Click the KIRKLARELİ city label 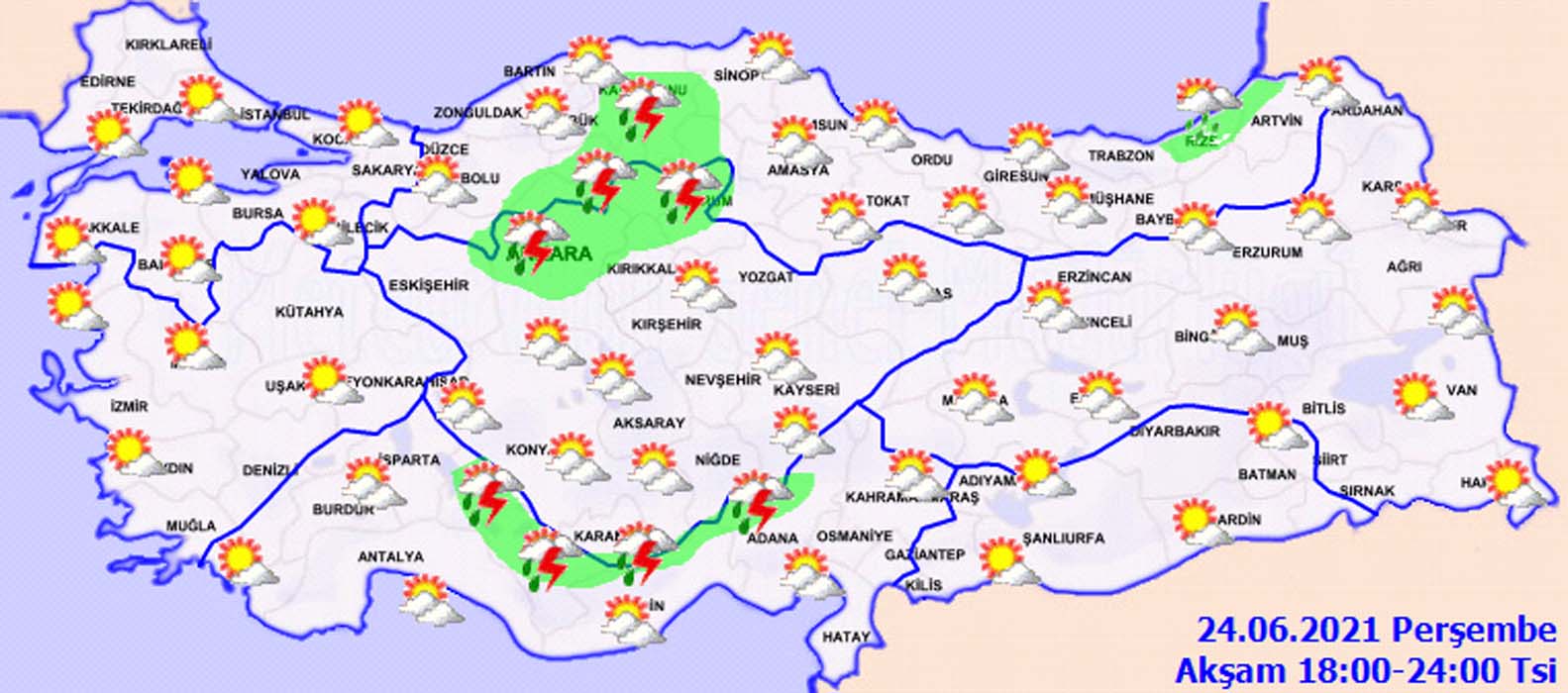[168, 45]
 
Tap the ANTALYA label [390, 557]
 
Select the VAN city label [1461, 390]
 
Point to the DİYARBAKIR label [1175, 432]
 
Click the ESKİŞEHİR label [429, 285]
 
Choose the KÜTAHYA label [309, 312]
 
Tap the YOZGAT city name [766, 277]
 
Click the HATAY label [846, 638]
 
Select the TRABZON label [1121, 156]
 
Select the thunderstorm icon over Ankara [534, 239]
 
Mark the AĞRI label [1405, 267]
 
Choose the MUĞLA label [190, 525]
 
